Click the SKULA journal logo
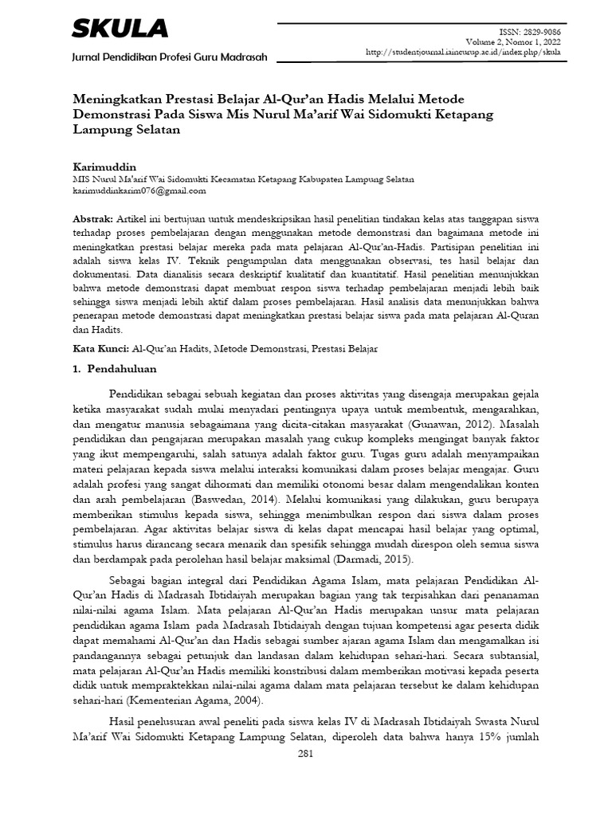pos(120,29)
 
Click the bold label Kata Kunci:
pos(100,349)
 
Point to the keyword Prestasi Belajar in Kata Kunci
pos(344,349)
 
